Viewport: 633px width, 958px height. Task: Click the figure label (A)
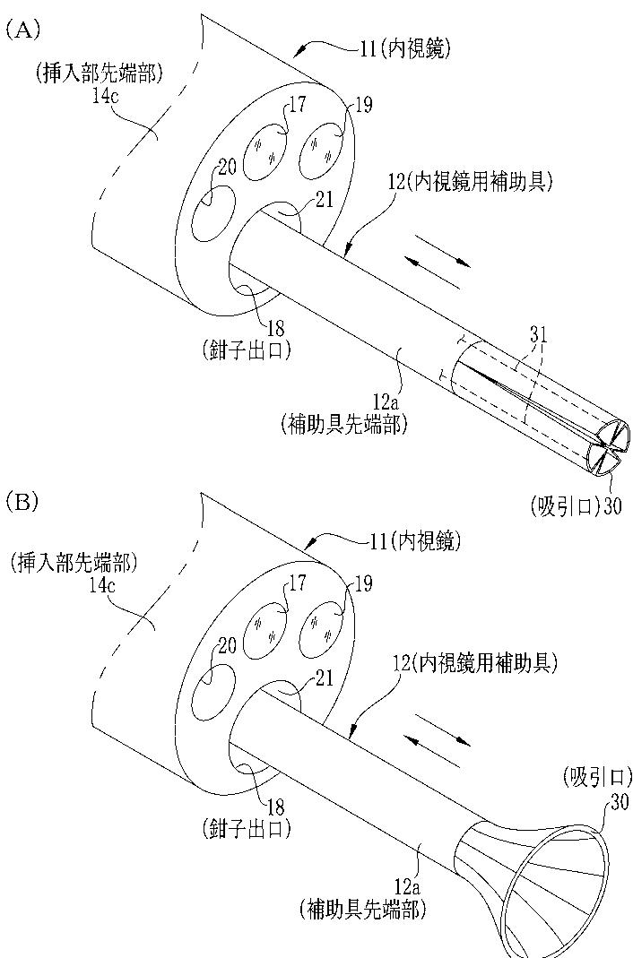(23, 30)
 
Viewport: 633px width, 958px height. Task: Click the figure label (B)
(22, 500)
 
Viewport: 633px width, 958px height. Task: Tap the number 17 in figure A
(298, 105)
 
